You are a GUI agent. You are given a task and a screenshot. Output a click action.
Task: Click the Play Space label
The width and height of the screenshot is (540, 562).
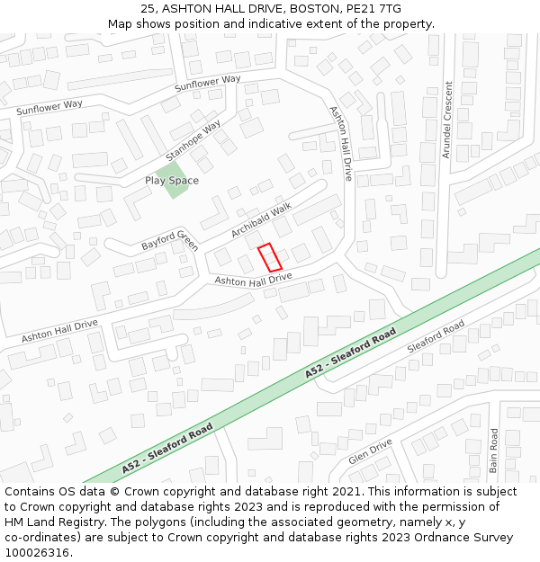[172, 181]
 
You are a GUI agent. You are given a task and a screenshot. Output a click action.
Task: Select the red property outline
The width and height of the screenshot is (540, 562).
[270, 257]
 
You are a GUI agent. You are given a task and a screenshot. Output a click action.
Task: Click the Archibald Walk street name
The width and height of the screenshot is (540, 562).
[262, 219]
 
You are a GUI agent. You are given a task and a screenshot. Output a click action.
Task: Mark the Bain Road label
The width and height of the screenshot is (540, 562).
[494, 450]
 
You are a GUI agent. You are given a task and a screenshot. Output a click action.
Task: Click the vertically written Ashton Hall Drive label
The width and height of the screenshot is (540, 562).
[341, 143]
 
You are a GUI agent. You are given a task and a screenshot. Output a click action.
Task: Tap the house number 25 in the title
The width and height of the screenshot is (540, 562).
[147, 9]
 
